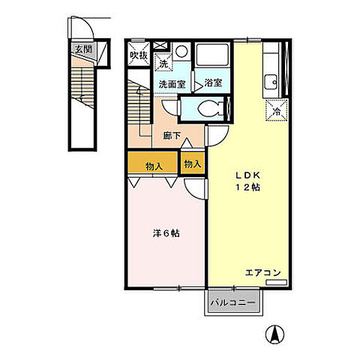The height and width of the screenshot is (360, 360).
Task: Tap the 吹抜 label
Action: tap(139, 55)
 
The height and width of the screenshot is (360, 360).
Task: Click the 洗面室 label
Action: tap(172, 84)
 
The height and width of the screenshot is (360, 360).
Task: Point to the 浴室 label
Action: tap(213, 82)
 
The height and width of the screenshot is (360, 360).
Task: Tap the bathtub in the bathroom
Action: tap(212, 55)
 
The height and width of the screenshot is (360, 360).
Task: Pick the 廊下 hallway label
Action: tap(172, 136)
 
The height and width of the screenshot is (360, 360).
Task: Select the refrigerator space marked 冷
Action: tap(277, 110)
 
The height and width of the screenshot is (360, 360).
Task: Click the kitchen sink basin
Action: tap(271, 82)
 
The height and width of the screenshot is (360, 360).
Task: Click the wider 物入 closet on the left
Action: tap(153, 162)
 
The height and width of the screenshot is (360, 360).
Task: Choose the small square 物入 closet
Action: tap(193, 163)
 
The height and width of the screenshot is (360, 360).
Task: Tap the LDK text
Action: tap(248, 175)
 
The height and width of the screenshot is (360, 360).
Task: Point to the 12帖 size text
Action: tap(248, 187)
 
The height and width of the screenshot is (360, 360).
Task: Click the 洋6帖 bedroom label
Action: tap(166, 233)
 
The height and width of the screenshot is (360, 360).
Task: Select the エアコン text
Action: tap(263, 273)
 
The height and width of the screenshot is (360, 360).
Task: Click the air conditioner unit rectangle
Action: tap(276, 282)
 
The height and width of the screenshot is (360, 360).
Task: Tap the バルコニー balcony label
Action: tap(233, 303)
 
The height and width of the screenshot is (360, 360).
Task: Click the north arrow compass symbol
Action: tap(275, 334)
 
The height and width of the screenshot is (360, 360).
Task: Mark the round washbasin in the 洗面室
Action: tap(181, 51)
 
